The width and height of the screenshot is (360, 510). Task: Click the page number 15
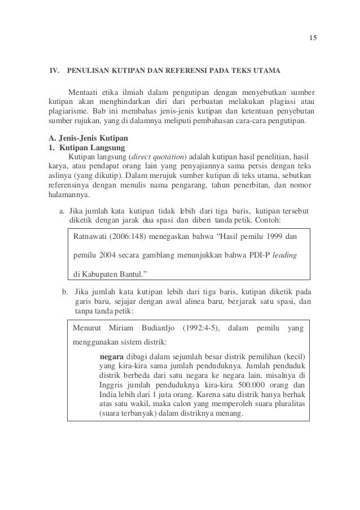tap(314, 37)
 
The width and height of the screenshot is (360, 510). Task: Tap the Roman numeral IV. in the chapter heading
tap(54, 72)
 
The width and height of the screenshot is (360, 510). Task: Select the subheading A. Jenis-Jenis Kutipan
tap(87, 137)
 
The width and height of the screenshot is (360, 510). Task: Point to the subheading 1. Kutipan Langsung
tap(85, 147)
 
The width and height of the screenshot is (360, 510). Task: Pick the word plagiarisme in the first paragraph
tap(64, 111)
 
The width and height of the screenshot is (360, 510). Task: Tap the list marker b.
tap(65, 291)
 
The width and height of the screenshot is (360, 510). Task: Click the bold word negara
tap(111, 357)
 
